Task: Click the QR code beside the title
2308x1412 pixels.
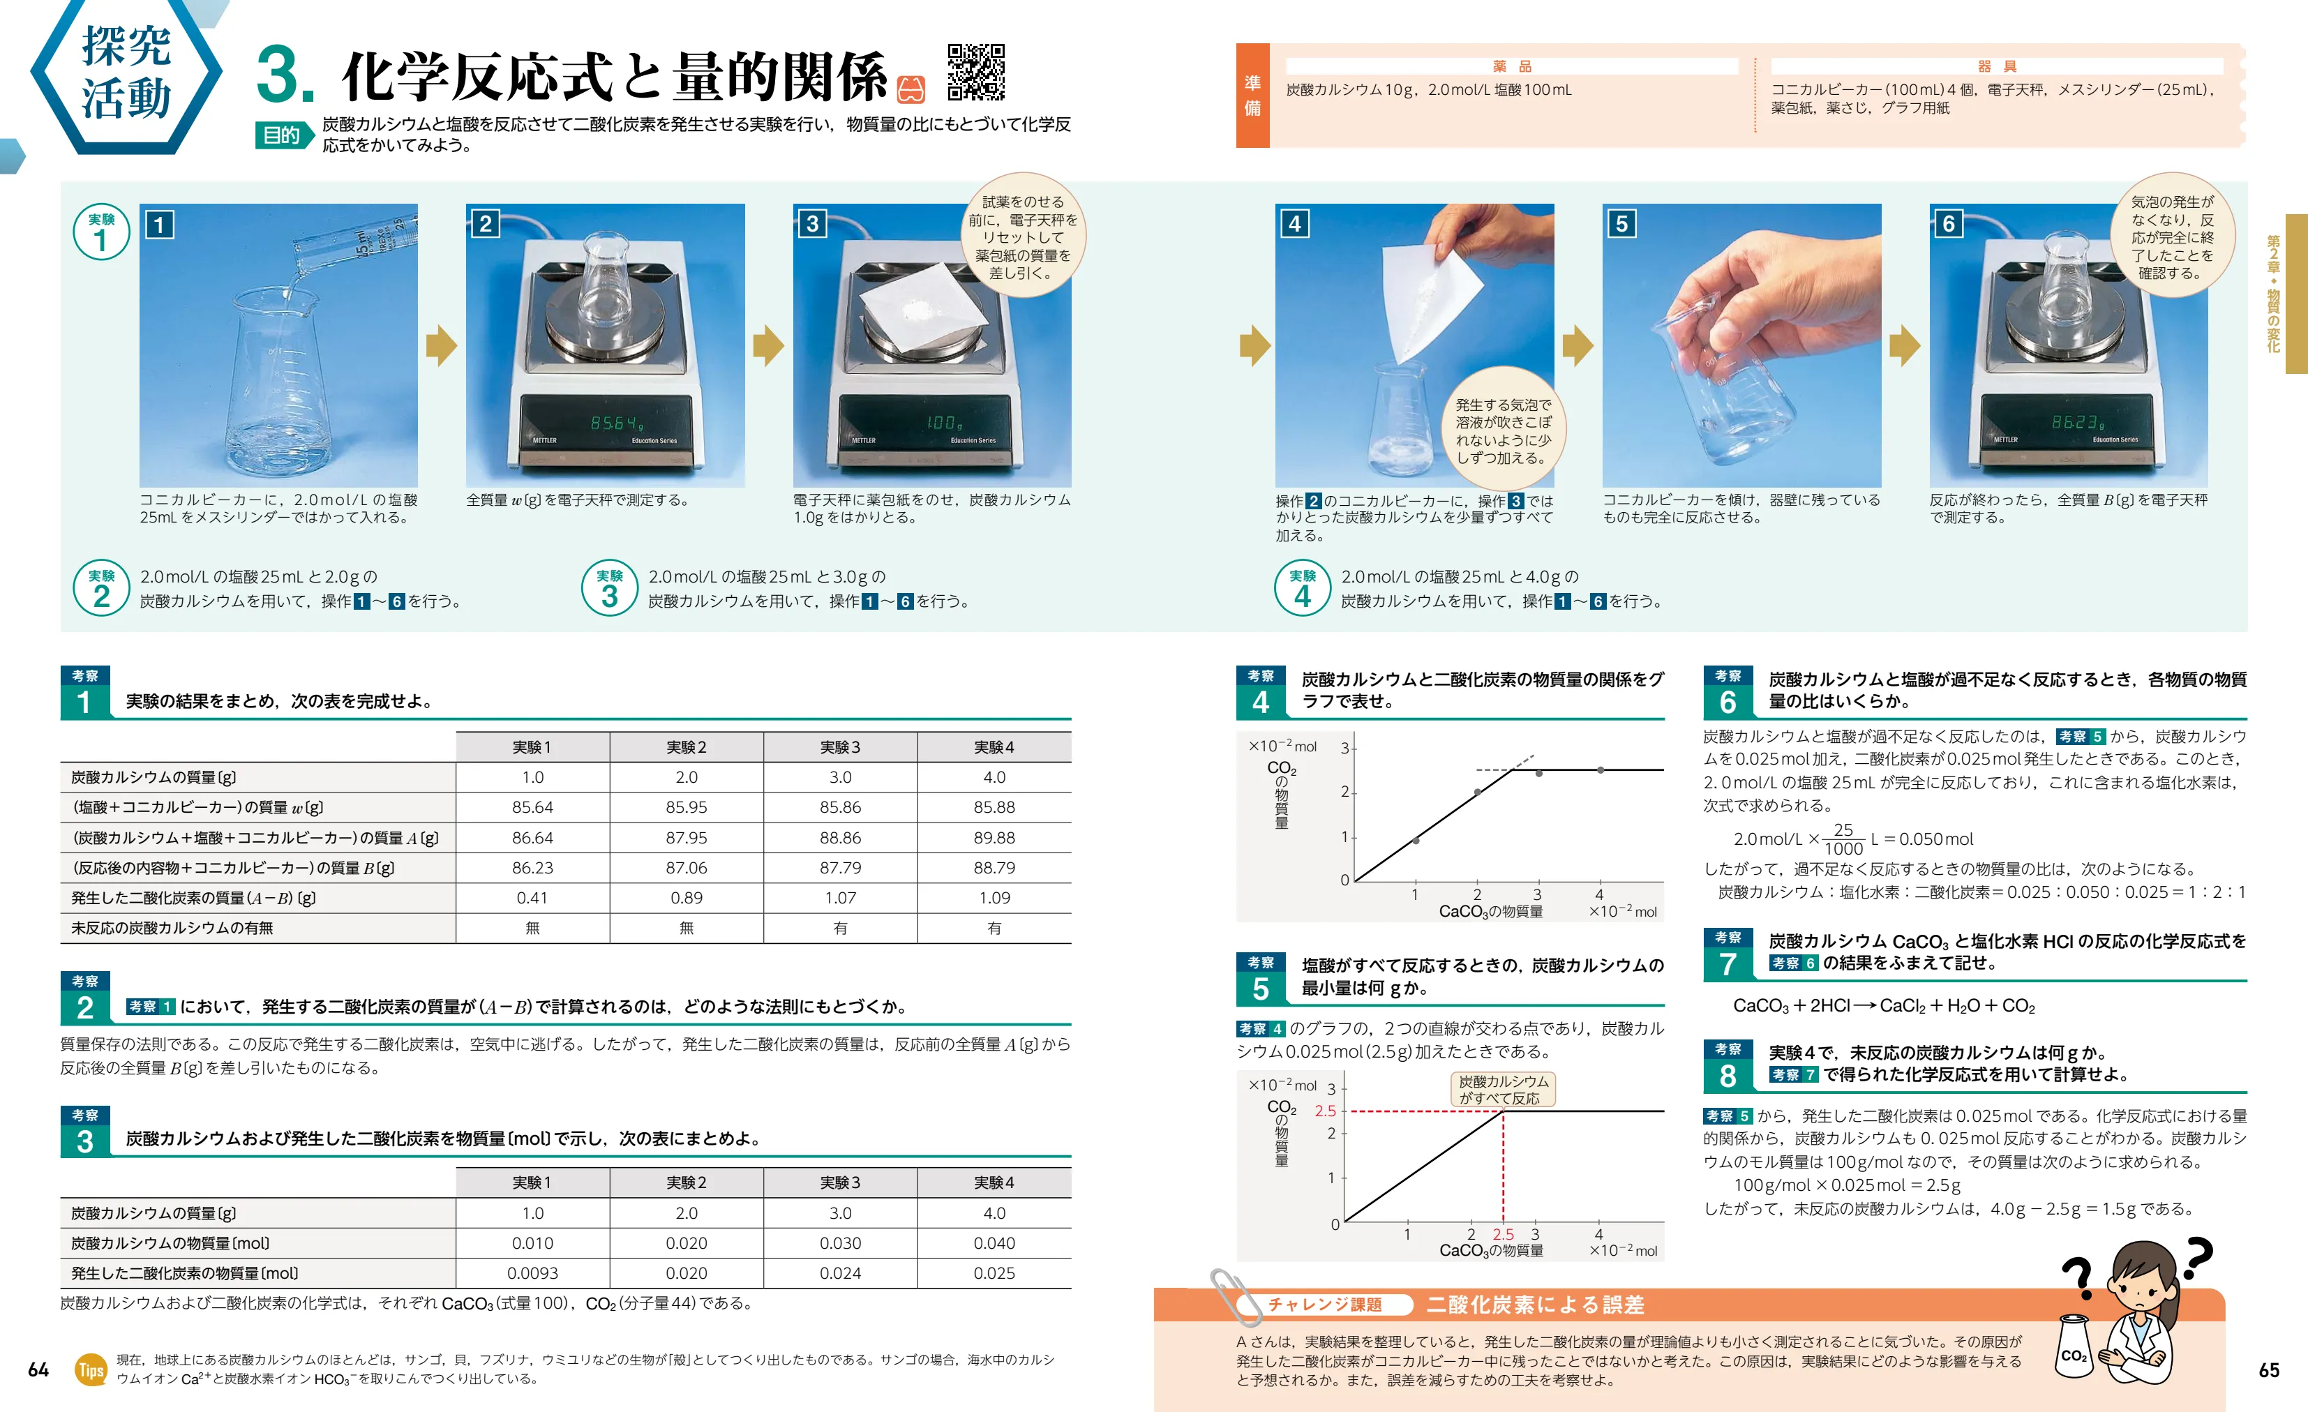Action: [975, 72]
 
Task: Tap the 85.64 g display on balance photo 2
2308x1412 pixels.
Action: [615, 423]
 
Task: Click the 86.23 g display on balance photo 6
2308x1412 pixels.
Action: [2078, 422]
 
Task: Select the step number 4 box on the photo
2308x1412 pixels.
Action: [1294, 224]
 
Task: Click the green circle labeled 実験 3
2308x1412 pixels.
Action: [610, 588]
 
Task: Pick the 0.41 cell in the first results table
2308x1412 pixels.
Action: [532, 898]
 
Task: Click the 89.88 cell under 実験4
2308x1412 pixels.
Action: [994, 837]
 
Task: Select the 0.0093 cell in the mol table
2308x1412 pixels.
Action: [532, 1273]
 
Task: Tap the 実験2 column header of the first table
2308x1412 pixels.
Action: [686, 747]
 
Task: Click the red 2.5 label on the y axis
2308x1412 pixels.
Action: [1324, 1111]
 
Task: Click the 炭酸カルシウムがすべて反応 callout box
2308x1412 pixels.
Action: [1502, 1090]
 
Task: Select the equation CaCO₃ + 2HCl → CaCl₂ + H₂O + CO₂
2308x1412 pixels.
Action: [1882, 1005]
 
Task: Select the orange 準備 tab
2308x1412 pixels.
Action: [1252, 96]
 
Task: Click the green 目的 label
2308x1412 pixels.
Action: [281, 136]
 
